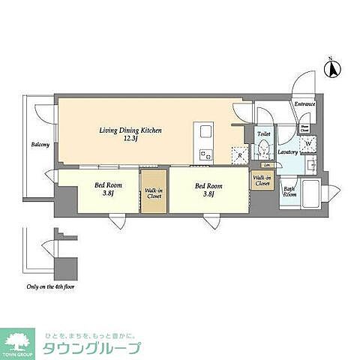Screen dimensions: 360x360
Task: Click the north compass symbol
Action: click(331, 69)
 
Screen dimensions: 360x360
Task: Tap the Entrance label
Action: click(304, 104)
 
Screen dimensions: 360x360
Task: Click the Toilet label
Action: click(264, 134)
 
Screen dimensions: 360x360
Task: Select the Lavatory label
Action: click(289, 153)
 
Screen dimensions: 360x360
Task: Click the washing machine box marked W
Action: click(309, 145)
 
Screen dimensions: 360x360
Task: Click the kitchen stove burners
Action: click(205, 155)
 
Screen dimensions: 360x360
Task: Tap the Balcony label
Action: click(40, 145)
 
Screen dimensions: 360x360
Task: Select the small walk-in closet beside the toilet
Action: click(262, 180)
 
